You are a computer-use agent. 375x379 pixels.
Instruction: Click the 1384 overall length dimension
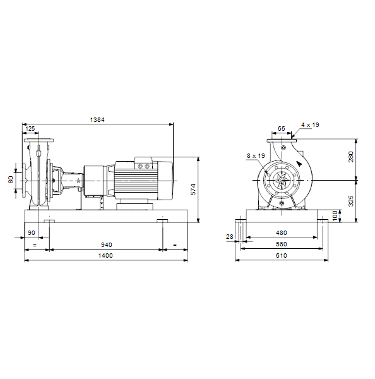click(97, 119)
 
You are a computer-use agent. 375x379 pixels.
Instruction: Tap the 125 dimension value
click(30, 129)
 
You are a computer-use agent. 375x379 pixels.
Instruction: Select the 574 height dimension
click(193, 189)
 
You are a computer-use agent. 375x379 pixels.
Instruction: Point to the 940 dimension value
click(106, 245)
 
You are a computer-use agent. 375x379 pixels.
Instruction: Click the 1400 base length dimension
click(105, 255)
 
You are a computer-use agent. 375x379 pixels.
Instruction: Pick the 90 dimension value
click(32, 232)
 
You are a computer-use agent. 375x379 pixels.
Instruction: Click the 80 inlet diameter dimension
click(11, 179)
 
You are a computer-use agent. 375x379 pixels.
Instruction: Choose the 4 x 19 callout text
click(310, 125)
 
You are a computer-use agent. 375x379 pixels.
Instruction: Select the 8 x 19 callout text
click(256, 156)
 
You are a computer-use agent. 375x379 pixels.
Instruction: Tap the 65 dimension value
click(282, 129)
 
